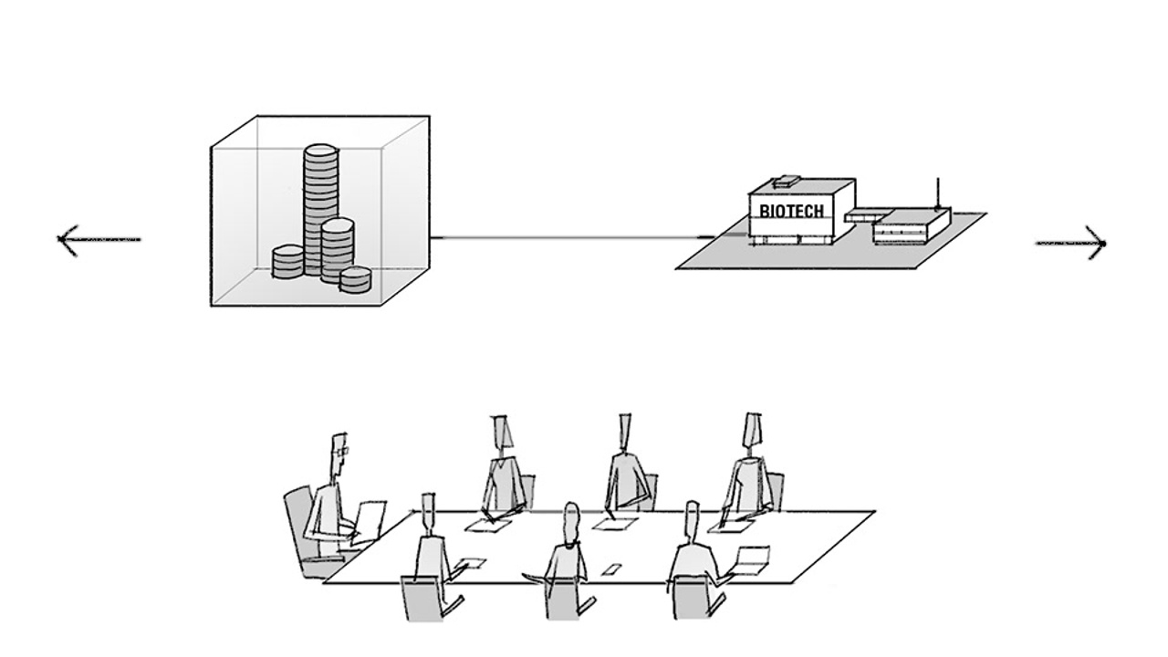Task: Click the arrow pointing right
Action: tap(1071, 244)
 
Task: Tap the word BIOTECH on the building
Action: tap(791, 212)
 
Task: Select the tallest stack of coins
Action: tap(319, 205)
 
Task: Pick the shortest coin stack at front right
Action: tap(355, 279)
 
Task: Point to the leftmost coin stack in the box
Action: tap(288, 263)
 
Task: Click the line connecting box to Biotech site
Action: tap(566, 238)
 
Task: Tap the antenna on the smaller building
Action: tap(938, 193)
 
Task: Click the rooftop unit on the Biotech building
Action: tap(786, 180)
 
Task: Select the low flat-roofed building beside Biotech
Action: tap(910, 224)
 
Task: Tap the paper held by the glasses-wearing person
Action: tap(370, 519)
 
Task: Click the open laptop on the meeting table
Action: tap(750, 560)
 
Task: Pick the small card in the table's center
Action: tap(610, 569)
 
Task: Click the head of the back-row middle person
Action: tap(625, 431)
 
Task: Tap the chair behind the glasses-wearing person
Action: tap(298, 525)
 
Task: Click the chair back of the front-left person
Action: tap(421, 597)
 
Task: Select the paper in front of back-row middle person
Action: tap(615, 524)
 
